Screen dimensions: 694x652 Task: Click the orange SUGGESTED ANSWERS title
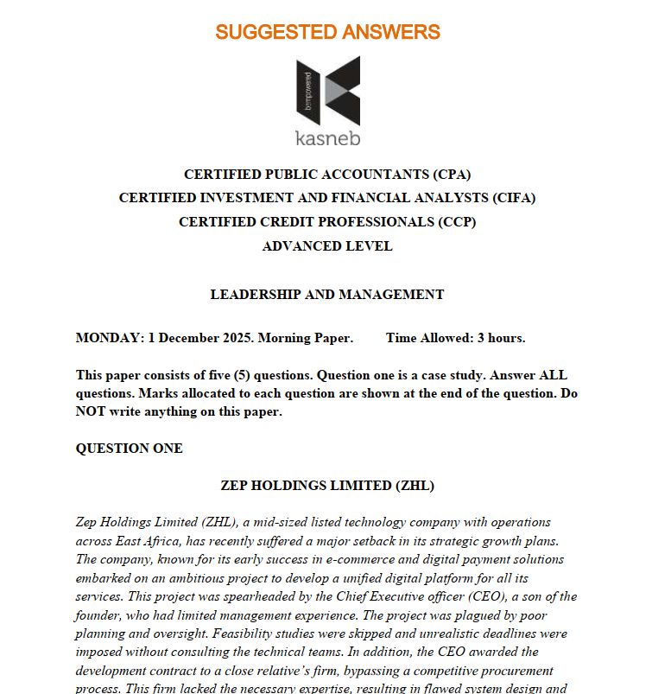click(x=327, y=33)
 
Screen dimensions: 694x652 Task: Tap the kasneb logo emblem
click(x=327, y=91)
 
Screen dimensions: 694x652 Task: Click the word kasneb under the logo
click(x=327, y=138)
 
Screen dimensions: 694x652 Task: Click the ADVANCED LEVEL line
click(x=327, y=246)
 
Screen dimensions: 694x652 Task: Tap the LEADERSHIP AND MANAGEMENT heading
click(x=327, y=295)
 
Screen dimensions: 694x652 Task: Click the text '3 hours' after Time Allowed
click(x=501, y=338)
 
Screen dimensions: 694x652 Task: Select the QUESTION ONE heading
click(x=130, y=449)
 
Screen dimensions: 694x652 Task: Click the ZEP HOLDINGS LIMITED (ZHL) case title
click(x=327, y=486)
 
